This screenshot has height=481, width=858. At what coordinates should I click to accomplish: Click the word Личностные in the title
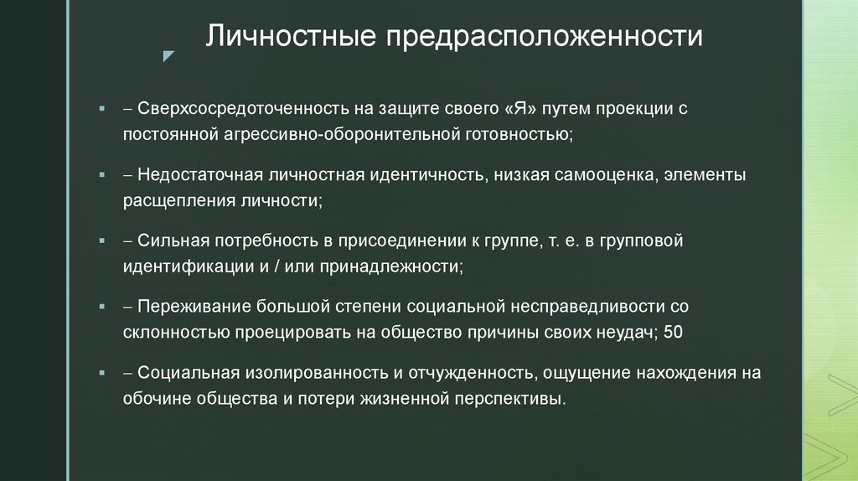tap(291, 36)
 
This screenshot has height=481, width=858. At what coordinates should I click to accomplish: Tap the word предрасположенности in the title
tap(544, 37)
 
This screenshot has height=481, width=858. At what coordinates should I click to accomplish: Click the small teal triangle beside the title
tap(168, 56)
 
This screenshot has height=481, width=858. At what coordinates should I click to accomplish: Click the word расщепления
tap(179, 201)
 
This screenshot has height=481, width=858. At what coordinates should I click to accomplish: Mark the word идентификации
tap(188, 266)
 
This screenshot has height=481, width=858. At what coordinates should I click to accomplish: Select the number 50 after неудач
tap(673, 332)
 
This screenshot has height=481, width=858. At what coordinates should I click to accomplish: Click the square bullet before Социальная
tap(101, 373)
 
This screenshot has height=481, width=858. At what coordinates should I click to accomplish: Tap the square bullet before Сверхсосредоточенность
tap(101, 109)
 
